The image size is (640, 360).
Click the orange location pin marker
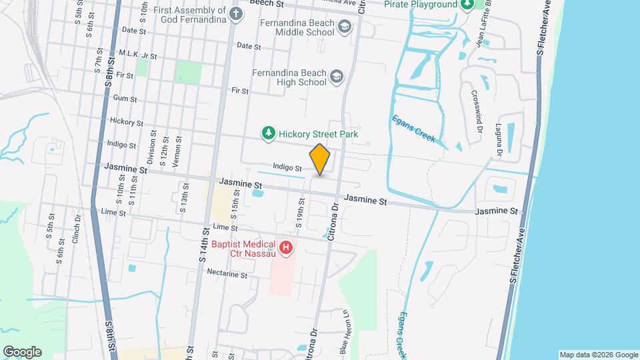click(320, 159)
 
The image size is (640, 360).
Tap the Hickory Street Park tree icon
click(269, 134)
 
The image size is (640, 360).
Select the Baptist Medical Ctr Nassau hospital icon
click(286, 249)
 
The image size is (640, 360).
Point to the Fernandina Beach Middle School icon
click(345, 27)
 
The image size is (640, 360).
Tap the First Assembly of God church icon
click(235, 13)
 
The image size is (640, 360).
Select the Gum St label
click(125, 99)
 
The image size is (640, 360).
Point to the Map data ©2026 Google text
click(598, 355)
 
